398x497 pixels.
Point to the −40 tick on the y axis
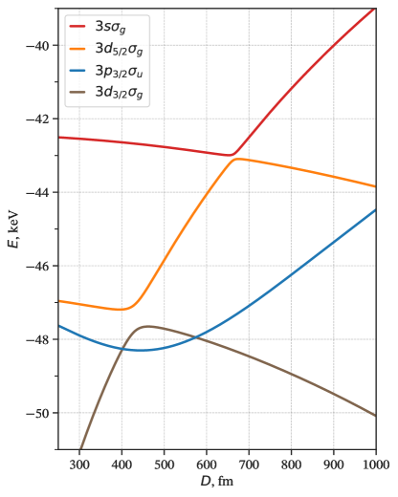pos(42,46)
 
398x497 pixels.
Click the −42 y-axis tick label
pos(42,119)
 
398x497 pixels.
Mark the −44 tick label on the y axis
pos(42,193)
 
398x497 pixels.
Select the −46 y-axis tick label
pos(42,266)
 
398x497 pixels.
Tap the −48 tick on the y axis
pos(42,339)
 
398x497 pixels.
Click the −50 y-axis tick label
pos(42,413)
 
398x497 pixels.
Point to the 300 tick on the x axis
pos(79,464)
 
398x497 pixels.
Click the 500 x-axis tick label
pos(165,464)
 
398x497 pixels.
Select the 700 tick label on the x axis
pos(249,464)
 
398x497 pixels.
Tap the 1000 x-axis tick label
pos(374,464)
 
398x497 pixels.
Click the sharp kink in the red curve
pos(232,155)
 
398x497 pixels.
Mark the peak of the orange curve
pos(235,160)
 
